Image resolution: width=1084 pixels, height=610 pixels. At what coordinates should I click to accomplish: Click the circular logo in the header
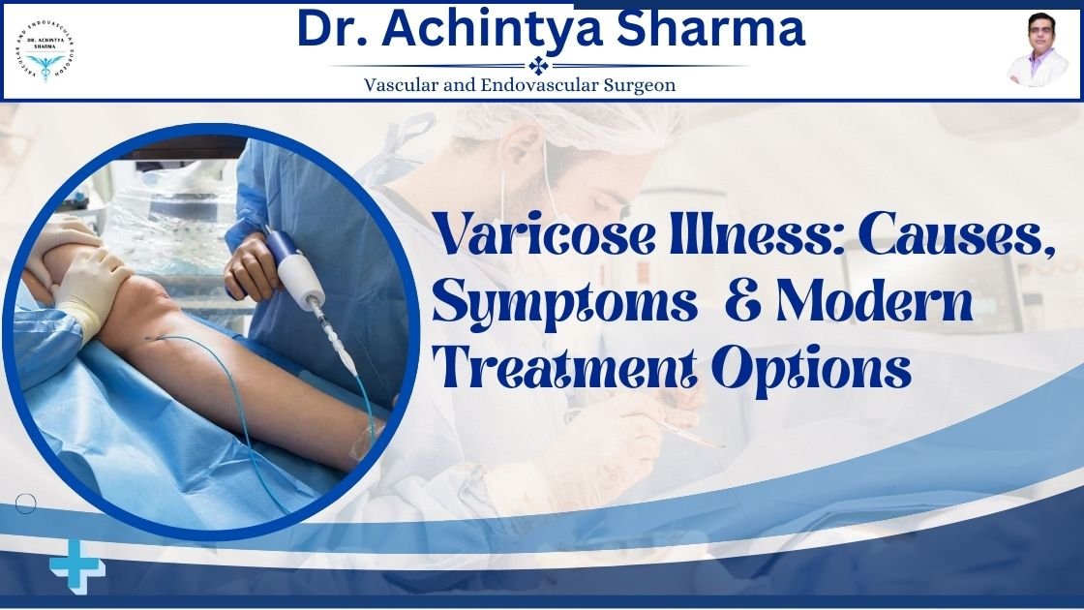(x=45, y=51)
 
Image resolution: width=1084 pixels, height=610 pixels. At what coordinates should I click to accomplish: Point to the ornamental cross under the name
(x=538, y=66)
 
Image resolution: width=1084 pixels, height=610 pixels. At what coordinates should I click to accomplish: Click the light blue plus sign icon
(x=77, y=568)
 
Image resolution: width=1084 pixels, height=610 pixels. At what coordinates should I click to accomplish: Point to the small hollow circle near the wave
(x=26, y=503)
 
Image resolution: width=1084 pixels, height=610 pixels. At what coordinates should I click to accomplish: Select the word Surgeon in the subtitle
(x=639, y=84)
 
